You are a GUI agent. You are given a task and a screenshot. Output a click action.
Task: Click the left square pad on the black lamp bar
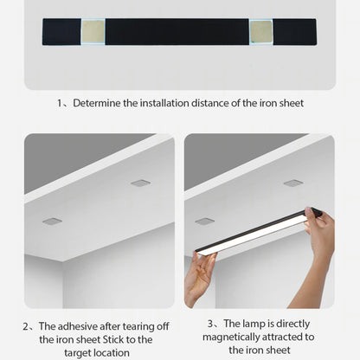(94, 32)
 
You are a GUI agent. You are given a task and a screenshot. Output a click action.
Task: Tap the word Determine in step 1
(100, 103)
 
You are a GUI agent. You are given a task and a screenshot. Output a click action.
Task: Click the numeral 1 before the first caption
(61, 103)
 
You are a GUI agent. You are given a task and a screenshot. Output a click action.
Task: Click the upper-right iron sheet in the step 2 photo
(140, 183)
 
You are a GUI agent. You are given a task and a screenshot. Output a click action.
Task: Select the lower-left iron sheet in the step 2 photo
(51, 221)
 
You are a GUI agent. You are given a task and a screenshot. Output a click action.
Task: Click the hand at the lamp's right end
(320, 234)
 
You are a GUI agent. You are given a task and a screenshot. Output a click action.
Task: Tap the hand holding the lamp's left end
(199, 277)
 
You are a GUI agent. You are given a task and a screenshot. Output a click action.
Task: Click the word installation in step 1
(160, 103)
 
